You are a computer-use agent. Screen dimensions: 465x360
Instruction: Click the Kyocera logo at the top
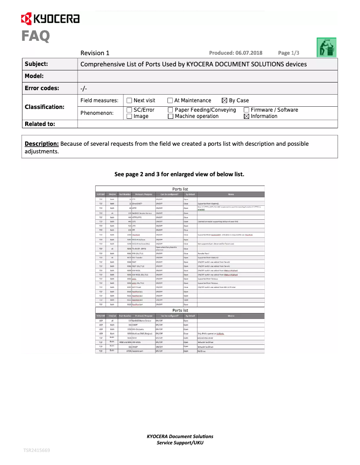[x=50, y=19]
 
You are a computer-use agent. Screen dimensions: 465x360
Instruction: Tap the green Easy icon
[x=327, y=47]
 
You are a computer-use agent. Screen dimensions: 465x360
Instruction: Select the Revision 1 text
[x=95, y=53]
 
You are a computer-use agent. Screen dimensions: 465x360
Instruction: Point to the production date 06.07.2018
[x=236, y=53]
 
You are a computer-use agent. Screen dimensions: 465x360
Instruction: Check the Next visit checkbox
[x=129, y=100]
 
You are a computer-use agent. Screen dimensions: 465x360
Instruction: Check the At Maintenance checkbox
[x=170, y=100]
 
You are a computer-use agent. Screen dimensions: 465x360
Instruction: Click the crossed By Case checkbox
[x=225, y=100]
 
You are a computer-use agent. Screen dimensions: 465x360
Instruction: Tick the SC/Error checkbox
[x=129, y=110]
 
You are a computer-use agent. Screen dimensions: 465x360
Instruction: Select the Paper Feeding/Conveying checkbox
[x=170, y=110]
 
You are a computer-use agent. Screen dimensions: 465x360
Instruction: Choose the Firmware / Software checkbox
[x=246, y=110]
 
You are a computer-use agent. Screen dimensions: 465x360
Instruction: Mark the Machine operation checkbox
[x=170, y=117]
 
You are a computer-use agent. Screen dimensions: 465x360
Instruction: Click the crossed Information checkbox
[x=246, y=117]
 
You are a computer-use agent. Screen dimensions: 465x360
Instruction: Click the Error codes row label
[x=42, y=88]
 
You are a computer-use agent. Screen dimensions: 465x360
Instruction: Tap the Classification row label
[x=44, y=107]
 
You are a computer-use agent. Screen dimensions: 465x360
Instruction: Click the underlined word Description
[x=41, y=144]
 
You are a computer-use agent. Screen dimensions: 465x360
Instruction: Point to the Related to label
[x=40, y=124]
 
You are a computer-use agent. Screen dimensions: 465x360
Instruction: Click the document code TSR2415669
[x=37, y=450]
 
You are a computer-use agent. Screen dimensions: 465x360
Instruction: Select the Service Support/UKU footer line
[x=180, y=443]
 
